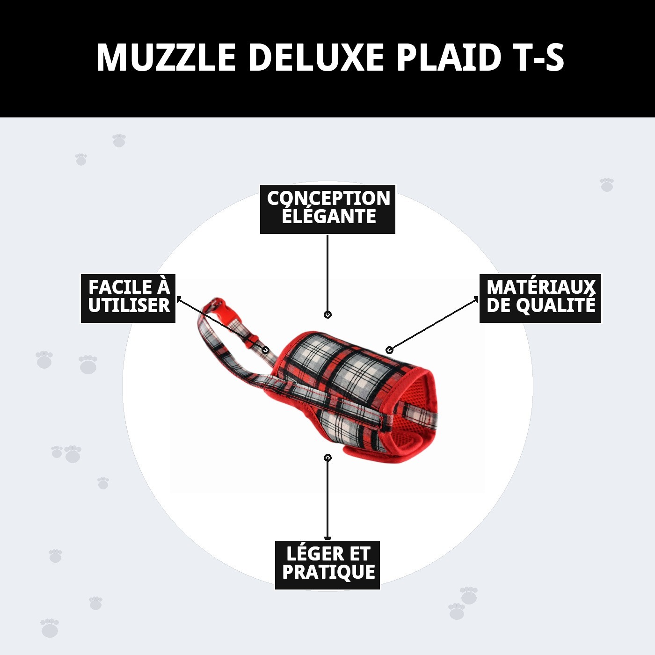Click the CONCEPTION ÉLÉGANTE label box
pos(327,209)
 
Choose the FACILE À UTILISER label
pos(128,298)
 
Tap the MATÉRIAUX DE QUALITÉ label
pos(540,298)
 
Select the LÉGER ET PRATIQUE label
pos(327,565)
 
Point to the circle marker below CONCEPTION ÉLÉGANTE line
pos(327,315)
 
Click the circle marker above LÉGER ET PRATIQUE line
pos(327,458)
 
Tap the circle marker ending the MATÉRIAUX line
pos(389,350)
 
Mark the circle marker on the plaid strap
pos(265,350)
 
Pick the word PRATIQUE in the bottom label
pos(328,572)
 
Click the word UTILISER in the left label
pos(129,306)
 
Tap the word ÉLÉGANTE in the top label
pos(328,217)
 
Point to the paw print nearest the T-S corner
pos(607,184)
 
